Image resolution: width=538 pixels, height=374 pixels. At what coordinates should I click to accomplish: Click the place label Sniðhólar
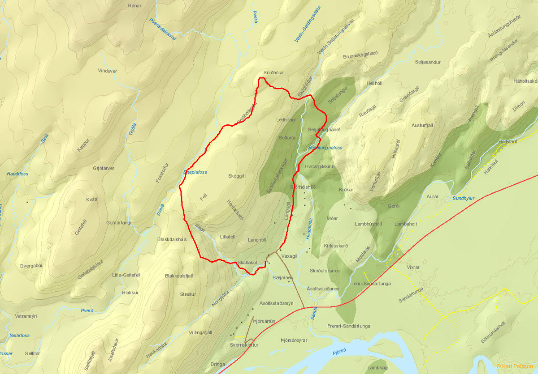click(274, 72)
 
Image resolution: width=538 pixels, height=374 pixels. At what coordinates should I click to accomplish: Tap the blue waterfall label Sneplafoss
click(195, 172)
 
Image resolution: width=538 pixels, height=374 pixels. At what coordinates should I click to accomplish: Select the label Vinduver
click(107, 71)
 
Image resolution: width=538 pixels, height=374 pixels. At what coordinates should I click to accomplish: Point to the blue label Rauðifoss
click(18, 174)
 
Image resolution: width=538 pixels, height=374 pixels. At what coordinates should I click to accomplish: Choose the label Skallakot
click(247, 263)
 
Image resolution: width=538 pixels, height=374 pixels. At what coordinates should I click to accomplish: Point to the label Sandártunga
click(412, 295)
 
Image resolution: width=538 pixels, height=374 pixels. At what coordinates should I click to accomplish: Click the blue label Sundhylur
click(463, 198)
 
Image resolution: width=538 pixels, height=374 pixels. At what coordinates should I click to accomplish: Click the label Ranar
click(134, 5)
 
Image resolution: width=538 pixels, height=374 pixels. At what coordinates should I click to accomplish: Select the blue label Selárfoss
click(19, 336)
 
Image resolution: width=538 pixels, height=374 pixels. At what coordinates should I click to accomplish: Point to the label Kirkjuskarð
click(335, 246)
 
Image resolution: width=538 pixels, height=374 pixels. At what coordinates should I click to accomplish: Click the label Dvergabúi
click(31, 265)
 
